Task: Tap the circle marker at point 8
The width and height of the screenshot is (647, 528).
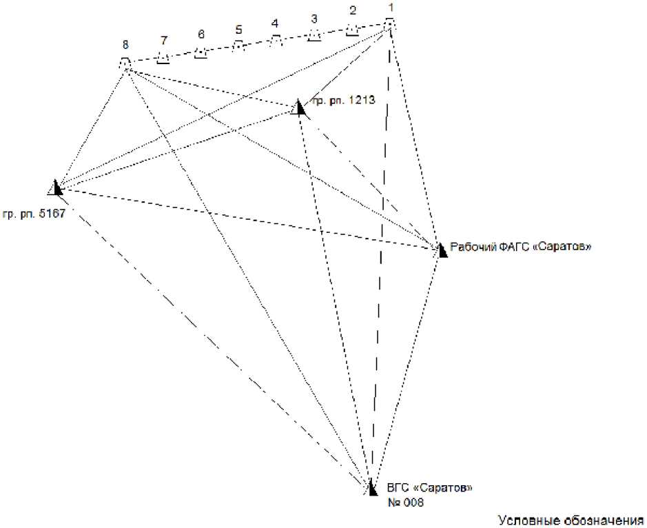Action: pos(125,64)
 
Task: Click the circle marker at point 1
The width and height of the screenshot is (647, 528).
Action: pos(389,25)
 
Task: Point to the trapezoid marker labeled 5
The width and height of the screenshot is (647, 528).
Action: pos(238,45)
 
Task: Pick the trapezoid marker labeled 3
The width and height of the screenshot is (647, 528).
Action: pos(314,34)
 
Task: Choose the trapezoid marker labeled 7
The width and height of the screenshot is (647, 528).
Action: pos(163,57)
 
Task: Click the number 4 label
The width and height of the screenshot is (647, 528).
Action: pos(275,23)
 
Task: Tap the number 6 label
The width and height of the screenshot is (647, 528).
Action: pos(201,34)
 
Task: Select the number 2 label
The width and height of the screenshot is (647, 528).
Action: pos(353,10)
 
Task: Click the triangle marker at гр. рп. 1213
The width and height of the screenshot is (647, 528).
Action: pos(299,107)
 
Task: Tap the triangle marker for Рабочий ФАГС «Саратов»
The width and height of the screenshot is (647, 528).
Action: pos(441,249)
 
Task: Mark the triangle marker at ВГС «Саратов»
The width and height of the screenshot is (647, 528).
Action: pos(371,488)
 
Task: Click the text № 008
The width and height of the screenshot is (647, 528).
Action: pos(405,502)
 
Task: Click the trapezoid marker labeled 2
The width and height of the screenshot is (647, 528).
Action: pos(352,30)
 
